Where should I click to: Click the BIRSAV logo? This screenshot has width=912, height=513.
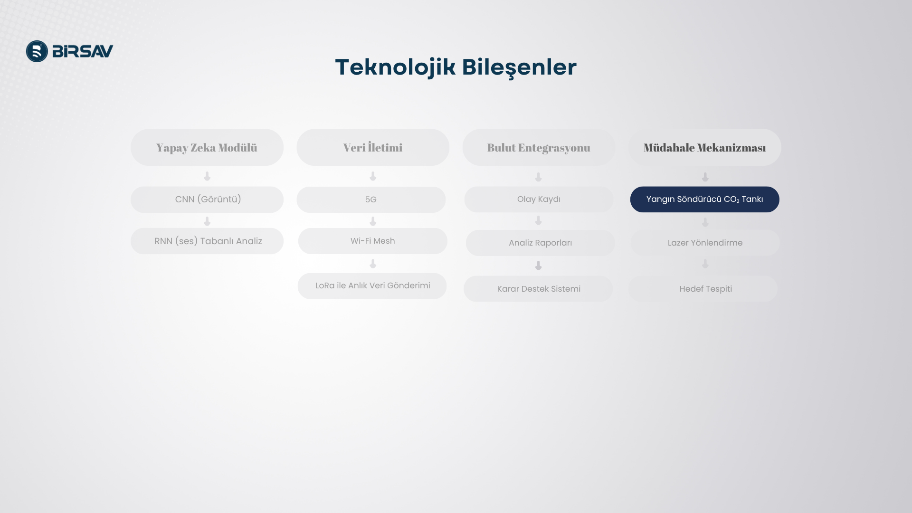coord(70,51)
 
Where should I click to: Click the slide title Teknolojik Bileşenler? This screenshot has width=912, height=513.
coord(456,67)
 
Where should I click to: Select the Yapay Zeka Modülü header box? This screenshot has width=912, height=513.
coord(207,147)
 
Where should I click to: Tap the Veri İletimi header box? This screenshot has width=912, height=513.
coord(373,147)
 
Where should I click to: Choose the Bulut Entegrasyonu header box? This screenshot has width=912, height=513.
coord(539,147)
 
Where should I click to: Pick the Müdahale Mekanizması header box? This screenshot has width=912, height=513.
coord(705,147)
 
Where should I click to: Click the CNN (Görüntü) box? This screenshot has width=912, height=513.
coord(207,199)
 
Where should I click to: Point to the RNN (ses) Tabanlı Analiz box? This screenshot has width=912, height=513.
coord(207,241)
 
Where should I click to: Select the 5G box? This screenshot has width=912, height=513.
coord(371,199)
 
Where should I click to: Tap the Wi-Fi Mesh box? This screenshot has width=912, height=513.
coord(373,241)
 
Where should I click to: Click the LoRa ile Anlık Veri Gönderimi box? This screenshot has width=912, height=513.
coord(372,286)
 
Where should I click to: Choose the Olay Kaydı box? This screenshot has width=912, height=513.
coord(539,199)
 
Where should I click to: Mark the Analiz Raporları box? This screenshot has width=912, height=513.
coord(541,243)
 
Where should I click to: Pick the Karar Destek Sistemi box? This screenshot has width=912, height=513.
coord(538,289)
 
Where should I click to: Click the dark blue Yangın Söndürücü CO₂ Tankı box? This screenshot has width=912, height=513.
coord(705,199)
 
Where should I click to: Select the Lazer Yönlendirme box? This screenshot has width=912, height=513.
coord(705,243)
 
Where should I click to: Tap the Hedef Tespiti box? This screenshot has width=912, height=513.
coord(703,289)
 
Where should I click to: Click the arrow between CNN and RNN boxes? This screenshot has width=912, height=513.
coord(207,221)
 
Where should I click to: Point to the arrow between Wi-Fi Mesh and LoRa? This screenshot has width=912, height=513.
coord(373,264)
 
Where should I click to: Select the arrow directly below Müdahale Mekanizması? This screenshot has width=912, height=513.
coord(705,177)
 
